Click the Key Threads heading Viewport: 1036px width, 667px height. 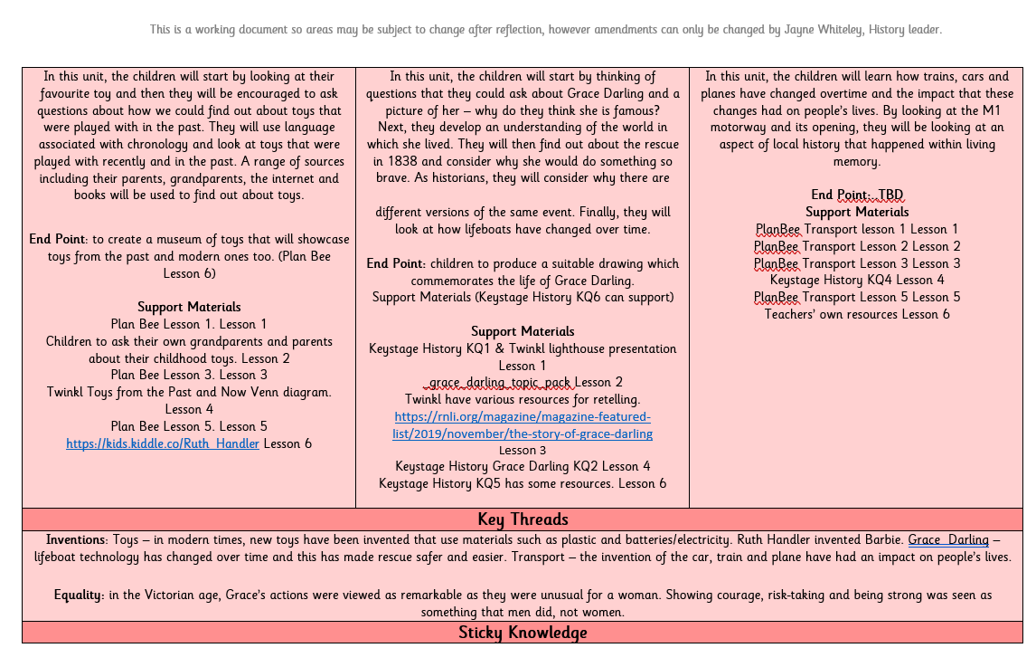pyautogui.click(x=523, y=519)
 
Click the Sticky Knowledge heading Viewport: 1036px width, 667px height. pyautogui.click(x=523, y=632)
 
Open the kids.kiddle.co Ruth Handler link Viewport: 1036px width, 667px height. pyautogui.click(x=163, y=443)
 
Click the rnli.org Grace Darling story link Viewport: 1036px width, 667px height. pyautogui.click(x=523, y=425)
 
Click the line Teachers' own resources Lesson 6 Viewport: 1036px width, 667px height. pyautogui.click(x=857, y=314)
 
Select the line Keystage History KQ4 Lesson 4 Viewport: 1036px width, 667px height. pyautogui.click(x=857, y=280)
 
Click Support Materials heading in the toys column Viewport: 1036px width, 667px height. pyautogui.click(x=189, y=307)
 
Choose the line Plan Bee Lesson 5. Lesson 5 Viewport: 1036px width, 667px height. pyautogui.click(x=189, y=426)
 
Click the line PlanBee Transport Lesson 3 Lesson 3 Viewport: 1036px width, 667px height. pyautogui.click(x=857, y=263)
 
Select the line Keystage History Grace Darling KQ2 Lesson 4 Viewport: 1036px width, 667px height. pyautogui.click(x=523, y=467)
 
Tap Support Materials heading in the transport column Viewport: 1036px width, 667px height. pyautogui.click(x=857, y=212)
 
